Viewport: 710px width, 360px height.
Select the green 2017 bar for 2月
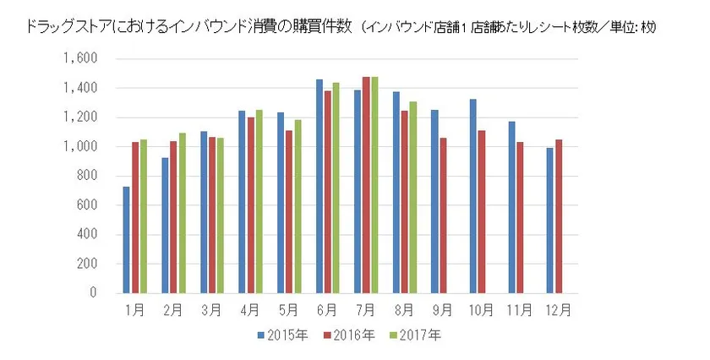(x=182, y=213)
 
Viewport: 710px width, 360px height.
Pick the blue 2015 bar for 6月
(x=319, y=187)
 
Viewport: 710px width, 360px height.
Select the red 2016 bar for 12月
(x=558, y=216)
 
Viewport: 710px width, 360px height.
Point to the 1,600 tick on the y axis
(x=83, y=59)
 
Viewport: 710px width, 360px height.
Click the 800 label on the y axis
(x=87, y=177)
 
